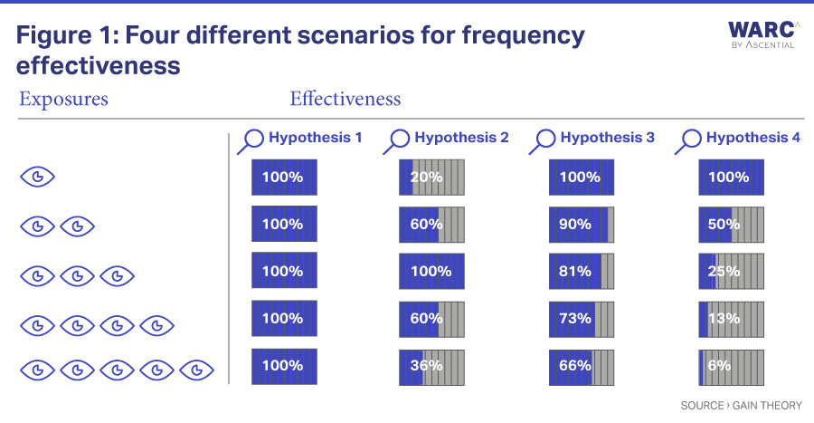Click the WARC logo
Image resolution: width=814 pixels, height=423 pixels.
coord(762,34)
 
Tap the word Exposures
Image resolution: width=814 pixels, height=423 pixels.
coord(64,100)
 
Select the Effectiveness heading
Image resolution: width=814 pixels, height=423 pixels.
coord(345,99)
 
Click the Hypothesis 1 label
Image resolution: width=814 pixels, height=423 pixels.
coord(315,138)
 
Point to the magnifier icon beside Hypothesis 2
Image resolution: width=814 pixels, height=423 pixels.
coord(397,141)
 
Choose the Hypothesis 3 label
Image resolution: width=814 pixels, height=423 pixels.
coord(608,138)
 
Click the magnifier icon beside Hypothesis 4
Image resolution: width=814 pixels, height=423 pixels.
coord(688,141)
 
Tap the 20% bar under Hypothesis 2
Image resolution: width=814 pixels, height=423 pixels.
coord(432,178)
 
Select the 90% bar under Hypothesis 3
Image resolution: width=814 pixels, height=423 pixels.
coord(582,225)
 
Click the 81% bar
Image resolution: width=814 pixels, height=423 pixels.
coord(582,271)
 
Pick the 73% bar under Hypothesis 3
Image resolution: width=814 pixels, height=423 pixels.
coord(582,319)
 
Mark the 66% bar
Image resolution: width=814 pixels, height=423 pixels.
coord(582,367)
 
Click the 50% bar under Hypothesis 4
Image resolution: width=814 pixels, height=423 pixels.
coord(732,225)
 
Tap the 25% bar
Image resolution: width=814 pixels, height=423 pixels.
coord(732,271)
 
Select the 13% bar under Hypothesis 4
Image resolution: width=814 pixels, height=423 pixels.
coord(732,319)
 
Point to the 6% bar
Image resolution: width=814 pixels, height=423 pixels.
coord(732,367)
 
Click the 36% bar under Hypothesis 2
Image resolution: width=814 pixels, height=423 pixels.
coord(432,367)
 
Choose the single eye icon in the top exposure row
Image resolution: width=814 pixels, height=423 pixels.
coord(37,178)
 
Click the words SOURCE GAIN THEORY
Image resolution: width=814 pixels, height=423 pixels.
coord(742,405)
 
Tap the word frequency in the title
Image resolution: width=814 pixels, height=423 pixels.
coord(524,36)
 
